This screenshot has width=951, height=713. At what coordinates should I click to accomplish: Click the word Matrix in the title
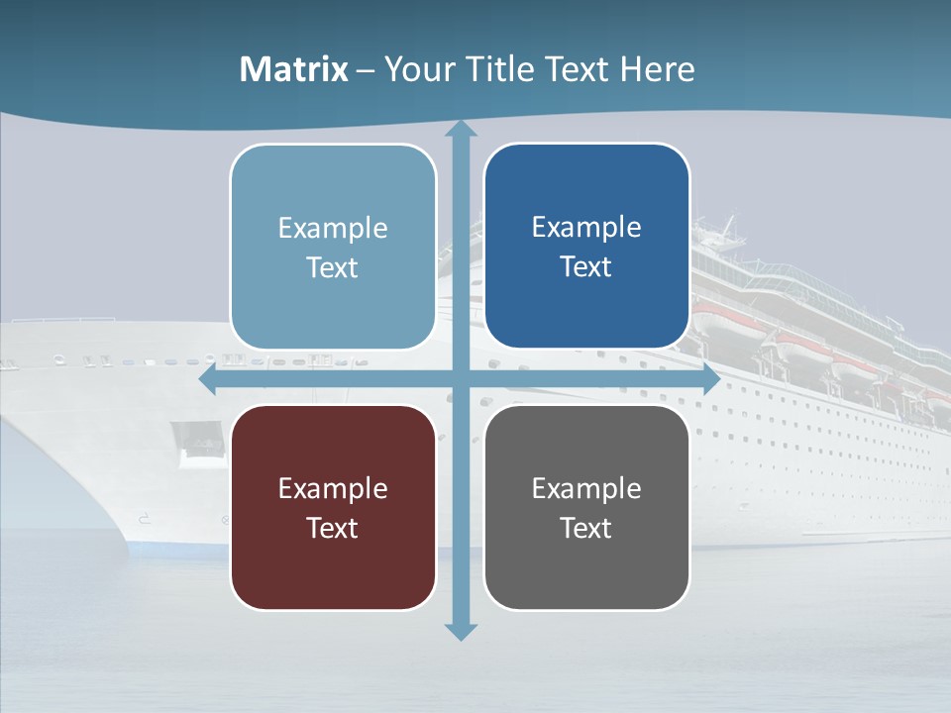coord(293,69)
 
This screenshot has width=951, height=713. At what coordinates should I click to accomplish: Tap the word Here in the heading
coord(658,69)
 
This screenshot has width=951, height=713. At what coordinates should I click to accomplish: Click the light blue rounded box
coord(333,247)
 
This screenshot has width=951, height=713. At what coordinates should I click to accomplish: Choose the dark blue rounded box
coord(586,246)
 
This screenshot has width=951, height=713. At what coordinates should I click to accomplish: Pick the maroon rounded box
coord(333,507)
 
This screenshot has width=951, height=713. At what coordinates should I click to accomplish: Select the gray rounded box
coord(586,507)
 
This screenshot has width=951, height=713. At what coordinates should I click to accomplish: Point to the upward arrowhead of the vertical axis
coord(460,130)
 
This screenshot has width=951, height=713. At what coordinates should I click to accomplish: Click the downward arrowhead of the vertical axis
coord(460,632)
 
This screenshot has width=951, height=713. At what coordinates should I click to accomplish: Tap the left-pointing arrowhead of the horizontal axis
coord(208,380)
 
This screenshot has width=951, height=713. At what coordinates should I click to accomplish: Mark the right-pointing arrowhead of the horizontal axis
coord(711,380)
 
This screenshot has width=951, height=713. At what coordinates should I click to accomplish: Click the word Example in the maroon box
coord(333,488)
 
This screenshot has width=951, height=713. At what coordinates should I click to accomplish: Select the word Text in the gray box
coord(586,528)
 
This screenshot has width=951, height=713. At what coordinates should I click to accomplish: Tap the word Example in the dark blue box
coord(586,227)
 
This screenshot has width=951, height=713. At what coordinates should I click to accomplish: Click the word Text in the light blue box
coord(333,267)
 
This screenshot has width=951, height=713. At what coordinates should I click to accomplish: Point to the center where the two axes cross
coord(460,380)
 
